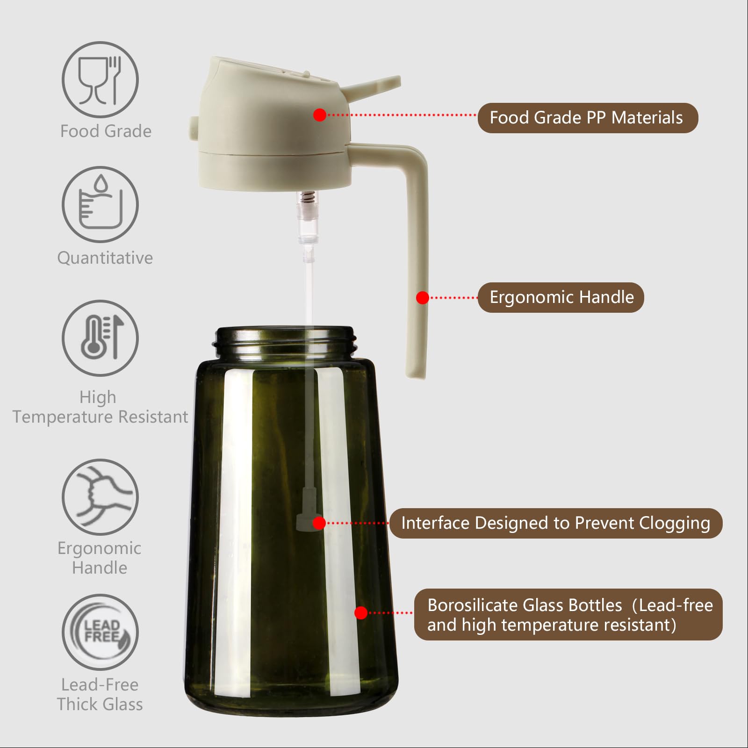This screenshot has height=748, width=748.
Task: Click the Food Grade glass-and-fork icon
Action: (100, 79)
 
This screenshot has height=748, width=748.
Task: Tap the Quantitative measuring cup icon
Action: (100, 204)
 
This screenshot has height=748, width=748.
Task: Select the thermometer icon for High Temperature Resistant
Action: (100, 338)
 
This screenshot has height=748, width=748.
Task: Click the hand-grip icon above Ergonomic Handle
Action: (100, 496)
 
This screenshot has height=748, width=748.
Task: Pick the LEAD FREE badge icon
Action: (100, 632)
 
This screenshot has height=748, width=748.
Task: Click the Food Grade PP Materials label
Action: (587, 118)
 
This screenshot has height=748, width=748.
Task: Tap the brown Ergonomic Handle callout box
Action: (561, 297)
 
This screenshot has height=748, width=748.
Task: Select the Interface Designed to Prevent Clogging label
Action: (555, 523)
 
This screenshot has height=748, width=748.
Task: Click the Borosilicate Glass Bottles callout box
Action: (568, 614)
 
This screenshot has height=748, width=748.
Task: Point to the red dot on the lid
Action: (320, 115)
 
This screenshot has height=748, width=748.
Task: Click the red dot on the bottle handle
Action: (423, 298)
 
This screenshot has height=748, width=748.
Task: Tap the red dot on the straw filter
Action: (319, 523)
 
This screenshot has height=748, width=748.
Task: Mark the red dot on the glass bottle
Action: (361, 612)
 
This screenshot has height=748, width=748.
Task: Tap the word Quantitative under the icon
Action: (105, 258)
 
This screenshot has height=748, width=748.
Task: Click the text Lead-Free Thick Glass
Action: (100, 694)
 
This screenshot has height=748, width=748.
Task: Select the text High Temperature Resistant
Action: (100, 407)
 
